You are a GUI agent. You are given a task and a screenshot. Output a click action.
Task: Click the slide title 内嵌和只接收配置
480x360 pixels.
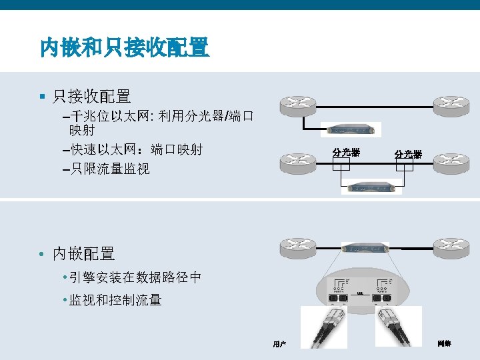125,47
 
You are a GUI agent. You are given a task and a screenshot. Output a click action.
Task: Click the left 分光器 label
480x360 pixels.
346,153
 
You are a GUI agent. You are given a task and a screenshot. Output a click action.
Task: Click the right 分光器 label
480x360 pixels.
407,154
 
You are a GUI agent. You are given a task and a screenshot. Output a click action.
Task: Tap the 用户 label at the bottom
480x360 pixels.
279,344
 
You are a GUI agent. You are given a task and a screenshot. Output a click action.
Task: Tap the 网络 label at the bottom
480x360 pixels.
444,344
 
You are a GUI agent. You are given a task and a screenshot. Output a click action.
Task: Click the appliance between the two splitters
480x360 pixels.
371,187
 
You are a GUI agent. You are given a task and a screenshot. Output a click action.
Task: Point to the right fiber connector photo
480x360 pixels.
399,327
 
